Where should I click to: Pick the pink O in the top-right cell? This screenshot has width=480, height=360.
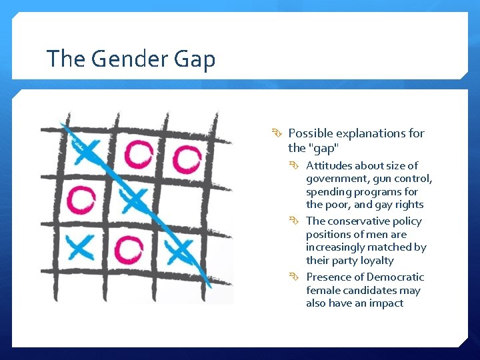point(187,158)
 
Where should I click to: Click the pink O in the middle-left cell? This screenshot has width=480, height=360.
point(81,199)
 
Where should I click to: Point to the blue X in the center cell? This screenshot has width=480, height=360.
point(134,199)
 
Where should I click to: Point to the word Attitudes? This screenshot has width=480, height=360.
point(329,165)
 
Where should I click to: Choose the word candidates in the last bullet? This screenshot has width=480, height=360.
point(367,291)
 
